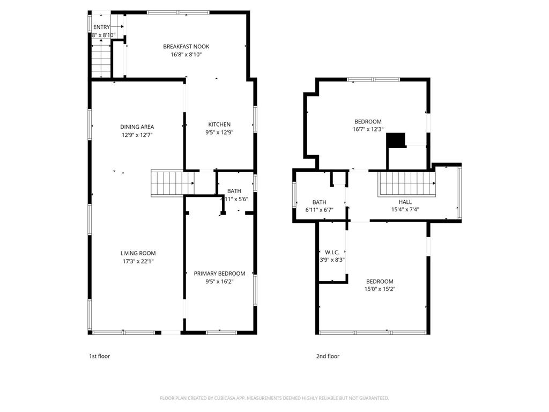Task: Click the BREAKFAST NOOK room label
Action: [186, 47]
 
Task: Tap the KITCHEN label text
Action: [219, 124]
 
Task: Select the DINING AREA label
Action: [137, 127]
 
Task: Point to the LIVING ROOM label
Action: [138, 253]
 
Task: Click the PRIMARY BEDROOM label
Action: [219, 274]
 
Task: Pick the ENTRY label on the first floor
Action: [101, 27]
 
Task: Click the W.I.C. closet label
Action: [332, 252]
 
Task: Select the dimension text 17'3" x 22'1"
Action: [138, 261]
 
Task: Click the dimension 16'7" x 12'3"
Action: [368, 129]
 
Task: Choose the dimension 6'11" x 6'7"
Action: [320, 210]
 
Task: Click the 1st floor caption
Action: [99, 356]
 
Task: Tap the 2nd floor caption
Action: [328, 356]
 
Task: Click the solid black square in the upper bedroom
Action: [395, 139]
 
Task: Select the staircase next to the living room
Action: [167, 182]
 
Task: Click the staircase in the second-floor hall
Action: [406, 183]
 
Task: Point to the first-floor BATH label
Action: [234, 191]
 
